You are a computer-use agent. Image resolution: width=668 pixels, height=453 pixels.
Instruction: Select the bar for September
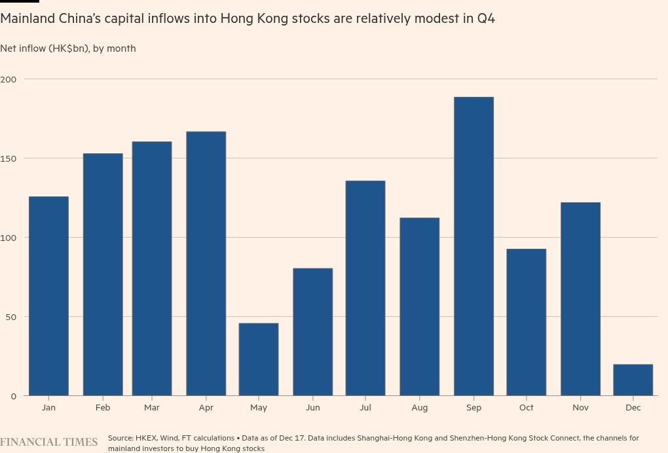(x=473, y=246)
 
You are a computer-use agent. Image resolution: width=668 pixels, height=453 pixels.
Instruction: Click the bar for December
(x=633, y=380)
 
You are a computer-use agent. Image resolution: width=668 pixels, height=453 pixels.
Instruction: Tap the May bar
(x=259, y=359)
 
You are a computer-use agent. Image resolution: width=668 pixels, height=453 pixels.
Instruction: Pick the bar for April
(x=206, y=263)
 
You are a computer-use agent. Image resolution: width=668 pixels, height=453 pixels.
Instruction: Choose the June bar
(x=312, y=332)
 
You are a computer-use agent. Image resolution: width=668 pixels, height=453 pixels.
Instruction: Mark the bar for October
(x=526, y=322)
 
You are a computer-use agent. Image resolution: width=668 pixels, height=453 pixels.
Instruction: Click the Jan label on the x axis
(x=48, y=407)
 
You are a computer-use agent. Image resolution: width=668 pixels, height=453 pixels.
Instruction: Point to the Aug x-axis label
(x=420, y=407)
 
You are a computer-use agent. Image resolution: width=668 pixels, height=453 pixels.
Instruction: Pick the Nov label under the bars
(x=580, y=407)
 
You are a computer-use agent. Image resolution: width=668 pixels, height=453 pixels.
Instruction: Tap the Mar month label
(x=152, y=407)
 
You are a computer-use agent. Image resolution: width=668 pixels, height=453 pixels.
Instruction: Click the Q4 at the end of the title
(x=485, y=18)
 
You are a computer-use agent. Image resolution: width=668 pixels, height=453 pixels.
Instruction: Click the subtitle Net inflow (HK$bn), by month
(x=68, y=48)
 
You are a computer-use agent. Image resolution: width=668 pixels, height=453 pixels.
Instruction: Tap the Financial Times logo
(x=48, y=443)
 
